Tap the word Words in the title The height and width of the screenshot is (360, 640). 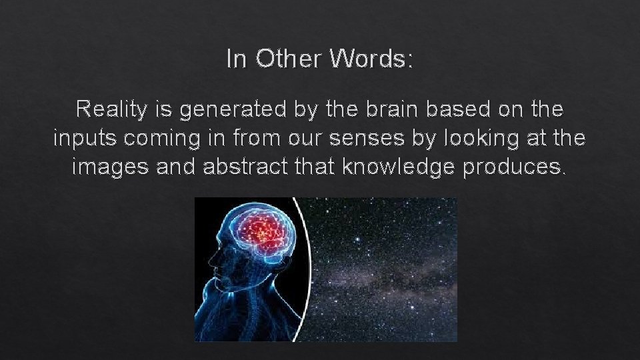coord(369,59)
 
